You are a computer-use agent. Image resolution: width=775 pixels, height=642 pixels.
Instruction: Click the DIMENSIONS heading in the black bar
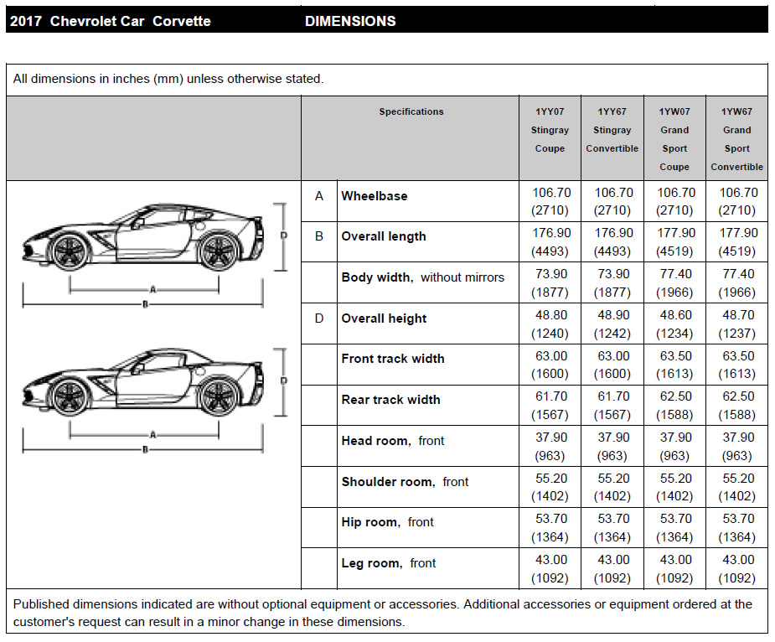(x=350, y=21)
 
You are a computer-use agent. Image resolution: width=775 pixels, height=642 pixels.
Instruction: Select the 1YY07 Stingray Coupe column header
(x=550, y=130)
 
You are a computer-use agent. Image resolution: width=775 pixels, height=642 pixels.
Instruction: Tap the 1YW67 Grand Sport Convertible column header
(x=737, y=138)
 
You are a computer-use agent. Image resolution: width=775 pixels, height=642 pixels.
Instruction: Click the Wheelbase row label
(x=375, y=196)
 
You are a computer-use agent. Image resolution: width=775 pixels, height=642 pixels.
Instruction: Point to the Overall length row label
(x=384, y=236)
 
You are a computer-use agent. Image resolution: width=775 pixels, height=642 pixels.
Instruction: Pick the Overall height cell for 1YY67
(x=612, y=324)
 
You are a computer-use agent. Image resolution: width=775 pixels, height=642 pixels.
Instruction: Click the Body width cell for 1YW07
(x=674, y=283)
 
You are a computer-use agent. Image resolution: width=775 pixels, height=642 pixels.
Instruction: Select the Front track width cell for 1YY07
(x=550, y=365)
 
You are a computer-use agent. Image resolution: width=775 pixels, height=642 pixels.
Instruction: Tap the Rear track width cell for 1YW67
(x=737, y=406)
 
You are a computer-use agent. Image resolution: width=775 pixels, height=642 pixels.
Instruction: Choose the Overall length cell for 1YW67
(x=737, y=242)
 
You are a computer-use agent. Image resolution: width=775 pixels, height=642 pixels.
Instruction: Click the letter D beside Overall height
(x=319, y=318)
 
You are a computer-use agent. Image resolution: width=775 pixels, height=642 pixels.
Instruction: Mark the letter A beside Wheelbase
(x=319, y=196)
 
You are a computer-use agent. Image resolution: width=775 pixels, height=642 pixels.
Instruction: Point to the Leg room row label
(x=389, y=563)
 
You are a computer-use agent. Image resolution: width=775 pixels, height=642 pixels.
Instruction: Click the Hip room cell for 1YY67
(x=612, y=528)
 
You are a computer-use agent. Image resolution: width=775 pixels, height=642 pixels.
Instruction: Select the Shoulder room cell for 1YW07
(x=674, y=487)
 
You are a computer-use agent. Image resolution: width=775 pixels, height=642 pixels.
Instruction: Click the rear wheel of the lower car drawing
(x=219, y=396)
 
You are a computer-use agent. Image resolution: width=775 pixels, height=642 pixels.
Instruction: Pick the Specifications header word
(x=411, y=111)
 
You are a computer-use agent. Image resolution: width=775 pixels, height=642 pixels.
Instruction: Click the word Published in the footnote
(x=42, y=603)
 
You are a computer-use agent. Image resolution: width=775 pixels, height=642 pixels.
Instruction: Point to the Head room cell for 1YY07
(x=550, y=446)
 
